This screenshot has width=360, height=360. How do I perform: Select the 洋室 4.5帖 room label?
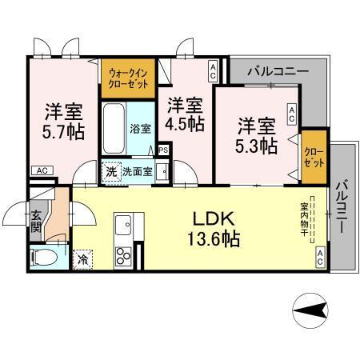click(185, 115)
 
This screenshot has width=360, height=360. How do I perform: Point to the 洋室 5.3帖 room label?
click(257, 135)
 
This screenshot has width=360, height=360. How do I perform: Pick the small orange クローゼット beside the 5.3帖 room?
click(312, 151)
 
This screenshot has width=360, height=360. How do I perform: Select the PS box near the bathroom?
click(163, 150)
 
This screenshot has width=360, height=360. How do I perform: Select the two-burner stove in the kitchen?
click(125, 257)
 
